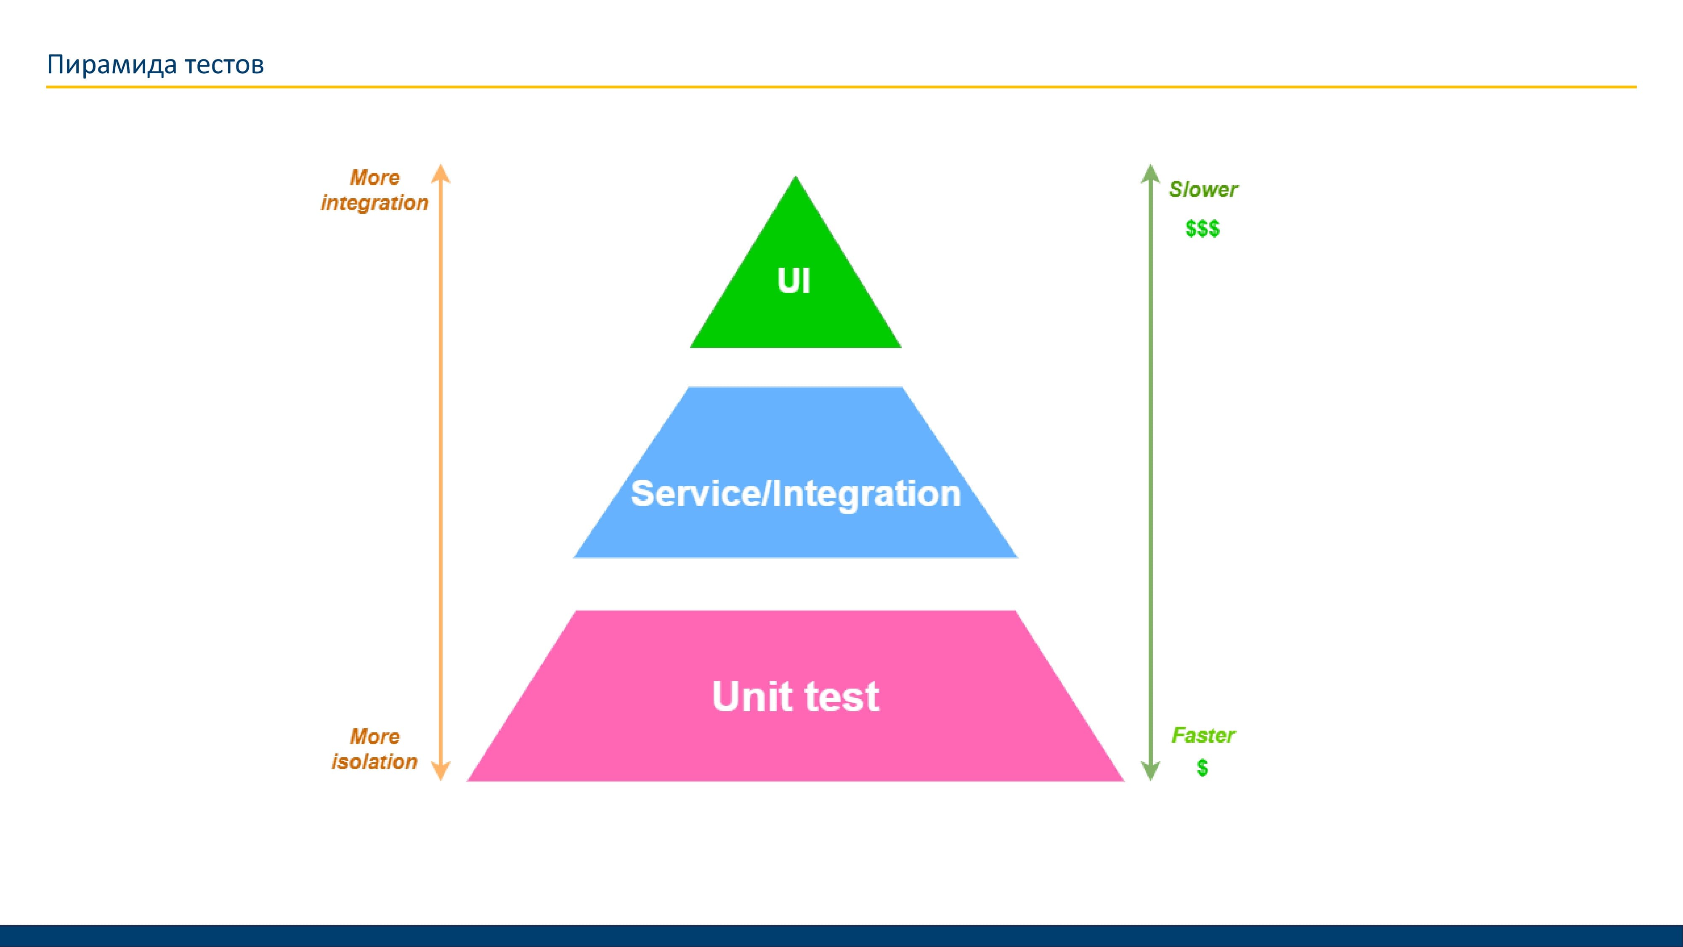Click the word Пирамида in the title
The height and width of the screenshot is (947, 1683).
pyautogui.click(x=111, y=65)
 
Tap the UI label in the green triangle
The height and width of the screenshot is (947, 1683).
pyautogui.click(x=794, y=281)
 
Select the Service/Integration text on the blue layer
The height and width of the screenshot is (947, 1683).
pyautogui.click(x=795, y=493)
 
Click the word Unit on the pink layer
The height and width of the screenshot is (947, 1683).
pyautogui.click(x=751, y=696)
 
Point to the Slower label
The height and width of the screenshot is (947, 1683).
pyautogui.click(x=1203, y=189)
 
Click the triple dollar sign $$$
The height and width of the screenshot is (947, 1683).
pyautogui.click(x=1202, y=229)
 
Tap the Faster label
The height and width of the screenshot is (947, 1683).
pyautogui.click(x=1203, y=736)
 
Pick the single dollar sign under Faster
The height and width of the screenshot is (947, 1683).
pyautogui.click(x=1202, y=768)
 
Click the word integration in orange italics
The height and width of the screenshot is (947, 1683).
pyautogui.click(x=374, y=203)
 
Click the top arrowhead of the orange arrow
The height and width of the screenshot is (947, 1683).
pyautogui.click(x=441, y=173)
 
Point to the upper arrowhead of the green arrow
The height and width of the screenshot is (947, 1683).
pyautogui.click(x=1150, y=173)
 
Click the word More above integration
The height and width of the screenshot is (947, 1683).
pyautogui.click(x=374, y=178)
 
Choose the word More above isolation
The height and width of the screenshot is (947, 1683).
pyautogui.click(x=374, y=737)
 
